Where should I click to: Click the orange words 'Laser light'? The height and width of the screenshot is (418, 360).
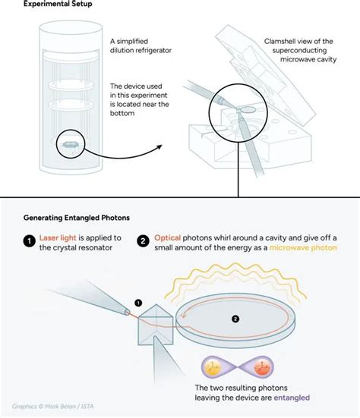click(x=58, y=237)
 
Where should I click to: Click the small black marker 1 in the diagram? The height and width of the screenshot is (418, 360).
click(x=137, y=303)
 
